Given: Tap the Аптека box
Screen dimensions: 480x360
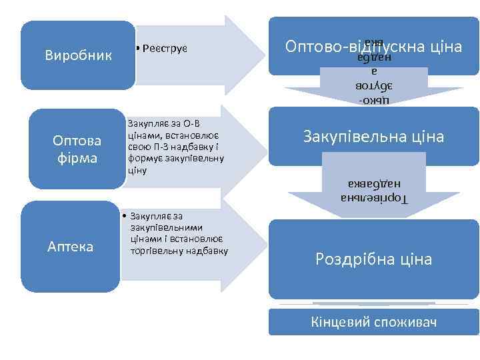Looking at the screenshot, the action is tap(70, 247).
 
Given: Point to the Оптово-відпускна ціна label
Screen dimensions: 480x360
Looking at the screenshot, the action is tap(373, 47).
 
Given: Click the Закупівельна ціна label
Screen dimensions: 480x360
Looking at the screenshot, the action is tap(373, 137).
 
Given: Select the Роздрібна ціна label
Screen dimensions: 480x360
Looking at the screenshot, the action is tap(373, 259).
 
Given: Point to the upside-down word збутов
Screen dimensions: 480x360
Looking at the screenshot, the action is tap(373, 86).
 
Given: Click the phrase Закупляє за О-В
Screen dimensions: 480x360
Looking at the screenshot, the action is tap(163, 123).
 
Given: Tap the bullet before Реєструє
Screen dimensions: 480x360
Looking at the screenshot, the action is tap(135, 49).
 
